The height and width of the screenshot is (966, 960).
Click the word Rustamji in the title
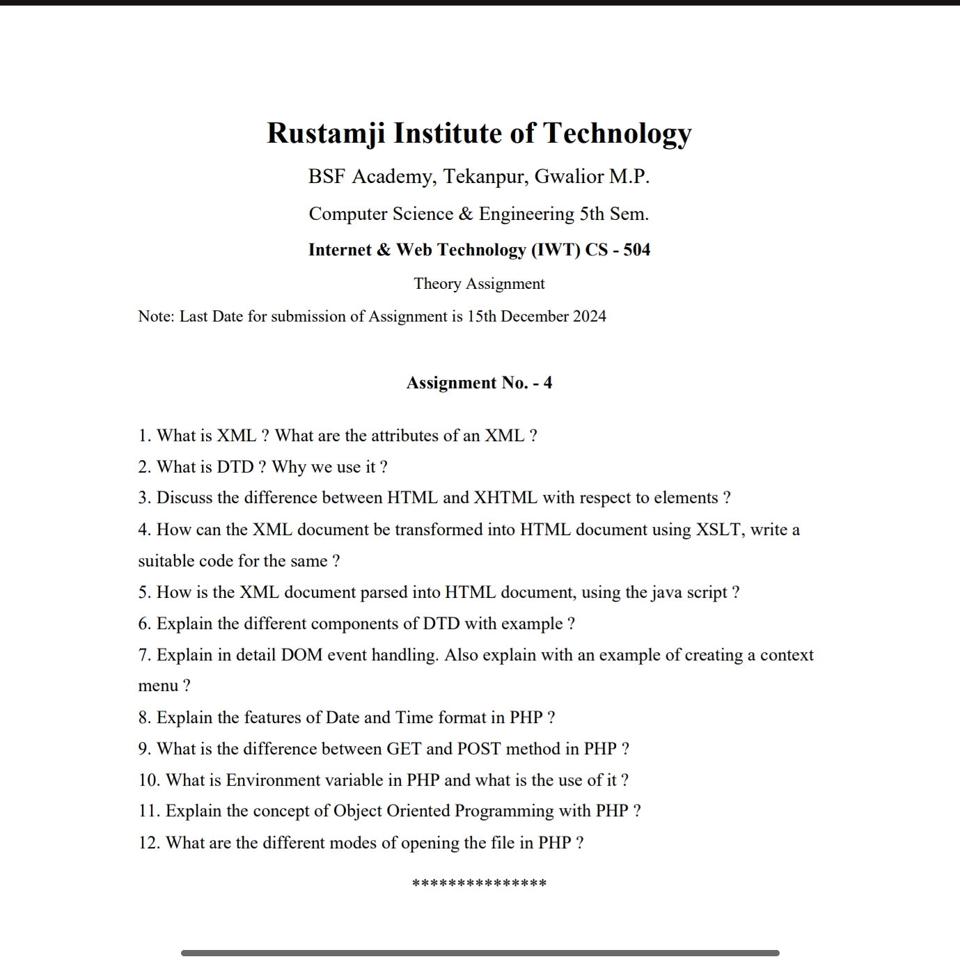tap(326, 134)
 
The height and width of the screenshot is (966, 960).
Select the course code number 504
tap(636, 250)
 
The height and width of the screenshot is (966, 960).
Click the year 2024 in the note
tap(589, 317)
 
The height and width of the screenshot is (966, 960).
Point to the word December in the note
tap(534, 317)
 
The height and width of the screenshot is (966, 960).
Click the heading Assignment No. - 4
tap(479, 383)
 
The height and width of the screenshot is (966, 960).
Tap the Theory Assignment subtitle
tap(479, 284)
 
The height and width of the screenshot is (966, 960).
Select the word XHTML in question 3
tap(505, 498)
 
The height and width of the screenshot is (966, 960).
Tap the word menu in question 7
tap(158, 686)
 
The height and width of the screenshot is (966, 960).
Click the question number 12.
tap(149, 843)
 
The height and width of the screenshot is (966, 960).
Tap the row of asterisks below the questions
tap(479, 884)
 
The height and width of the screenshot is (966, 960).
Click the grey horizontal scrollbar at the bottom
tap(480, 953)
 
